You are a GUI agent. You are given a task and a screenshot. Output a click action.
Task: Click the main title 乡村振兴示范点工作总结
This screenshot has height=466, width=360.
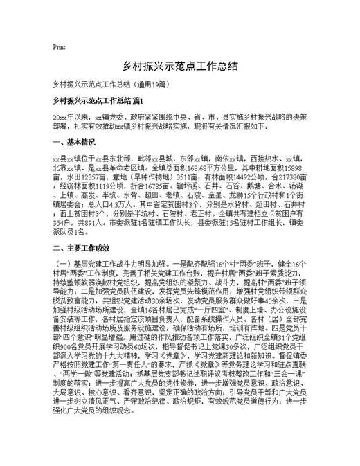(x=180, y=66)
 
